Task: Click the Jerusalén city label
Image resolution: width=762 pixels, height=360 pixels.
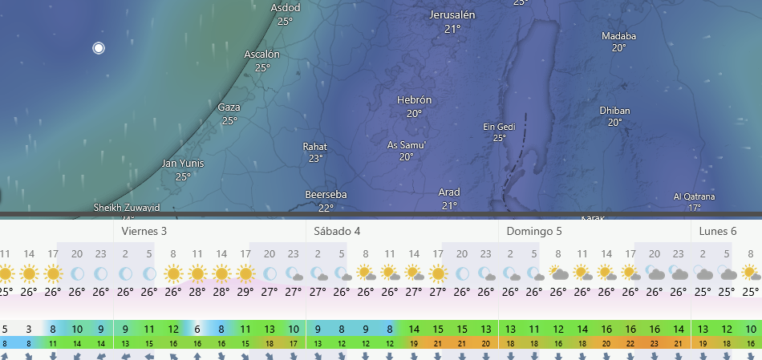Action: [x=452, y=16]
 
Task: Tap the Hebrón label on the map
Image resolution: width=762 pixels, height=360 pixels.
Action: [x=414, y=100]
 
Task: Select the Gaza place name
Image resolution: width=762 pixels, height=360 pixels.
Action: [x=229, y=107]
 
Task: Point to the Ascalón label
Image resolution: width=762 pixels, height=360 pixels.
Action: [x=262, y=55]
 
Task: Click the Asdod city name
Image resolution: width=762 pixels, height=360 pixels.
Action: [x=286, y=8]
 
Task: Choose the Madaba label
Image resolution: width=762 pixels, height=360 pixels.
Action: [x=618, y=36]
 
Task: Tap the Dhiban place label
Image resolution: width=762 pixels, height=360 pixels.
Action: [x=614, y=111]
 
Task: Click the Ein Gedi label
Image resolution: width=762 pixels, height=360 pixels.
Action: [x=499, y=127]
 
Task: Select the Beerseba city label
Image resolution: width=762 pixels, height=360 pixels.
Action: [x=325, y=195]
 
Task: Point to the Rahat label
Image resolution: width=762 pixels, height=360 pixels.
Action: [x=315, y=147]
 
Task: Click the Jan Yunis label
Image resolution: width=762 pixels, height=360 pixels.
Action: [x=183, y=164]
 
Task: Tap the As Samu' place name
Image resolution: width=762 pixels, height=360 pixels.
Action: [x=407, y=145]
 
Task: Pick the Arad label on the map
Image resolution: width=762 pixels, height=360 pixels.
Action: [x=449, y=192]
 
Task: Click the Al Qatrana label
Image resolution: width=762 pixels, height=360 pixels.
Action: [x=694, y=196]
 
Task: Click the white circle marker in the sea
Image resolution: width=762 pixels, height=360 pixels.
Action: [x=99, y=48]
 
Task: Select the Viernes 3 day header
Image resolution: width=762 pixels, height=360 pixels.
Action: [x=144, y=231]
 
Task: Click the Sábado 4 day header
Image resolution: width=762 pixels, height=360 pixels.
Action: [x=336, y=231]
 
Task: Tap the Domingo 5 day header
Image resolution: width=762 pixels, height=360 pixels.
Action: [x=533, y=231]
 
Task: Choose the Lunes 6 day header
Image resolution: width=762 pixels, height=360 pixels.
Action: [x=717, y=231]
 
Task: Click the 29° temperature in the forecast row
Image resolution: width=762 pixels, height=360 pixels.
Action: [x=245, y=293]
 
